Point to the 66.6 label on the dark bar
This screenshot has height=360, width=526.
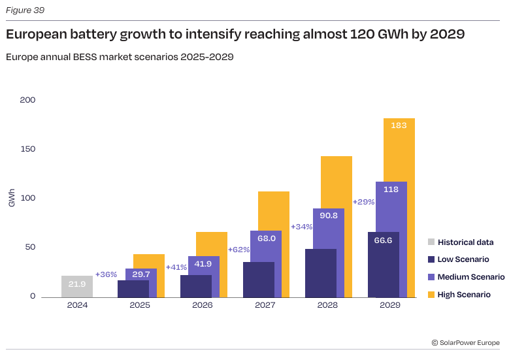pos(383,240)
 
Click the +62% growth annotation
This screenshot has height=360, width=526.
pos(238,250)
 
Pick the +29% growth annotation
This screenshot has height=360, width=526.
pos(363,202)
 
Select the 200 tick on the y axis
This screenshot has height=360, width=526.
pos(27,100)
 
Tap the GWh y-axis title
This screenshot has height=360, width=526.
pos(12,198)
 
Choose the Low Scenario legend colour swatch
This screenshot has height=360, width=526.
pos(431,259)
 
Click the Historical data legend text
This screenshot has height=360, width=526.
pos(465,242)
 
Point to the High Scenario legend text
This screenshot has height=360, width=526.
pos(464,295)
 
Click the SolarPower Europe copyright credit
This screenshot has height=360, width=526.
pos(465,342)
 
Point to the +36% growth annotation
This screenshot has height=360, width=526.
pos(106,274)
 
